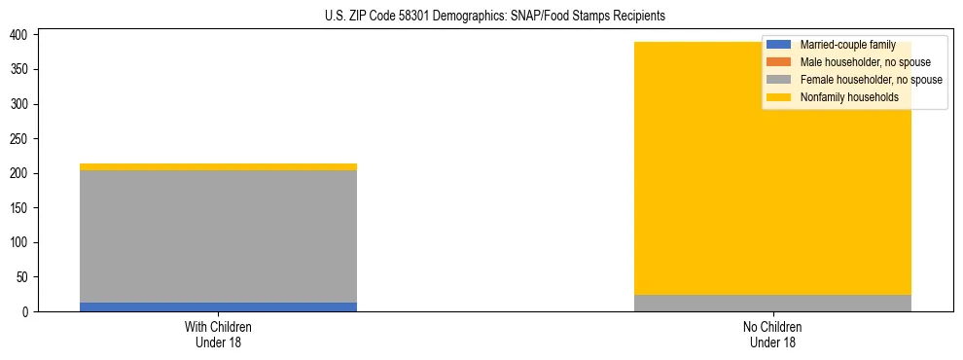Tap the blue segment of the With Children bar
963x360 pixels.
218,306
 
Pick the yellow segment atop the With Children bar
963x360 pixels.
218,166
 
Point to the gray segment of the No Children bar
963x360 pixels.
772,303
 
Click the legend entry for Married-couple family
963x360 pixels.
846,45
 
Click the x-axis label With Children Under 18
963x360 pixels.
218,335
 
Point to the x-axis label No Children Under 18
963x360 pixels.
772,335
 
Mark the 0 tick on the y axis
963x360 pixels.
30,311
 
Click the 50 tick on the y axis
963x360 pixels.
27,277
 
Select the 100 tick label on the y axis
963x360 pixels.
24,242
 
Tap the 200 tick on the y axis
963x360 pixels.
24,173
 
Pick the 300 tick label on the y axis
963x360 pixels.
24,104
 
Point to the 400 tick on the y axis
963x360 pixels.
24,35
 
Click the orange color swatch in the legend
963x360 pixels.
779,62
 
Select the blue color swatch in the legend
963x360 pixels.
779,45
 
